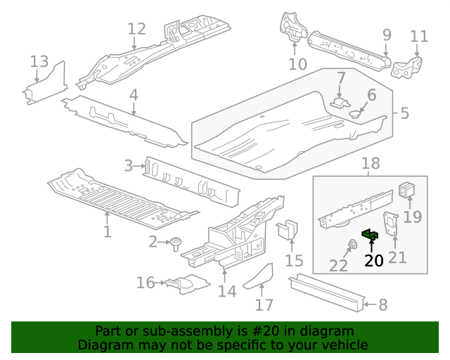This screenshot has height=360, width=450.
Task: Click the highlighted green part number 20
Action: [371, 235]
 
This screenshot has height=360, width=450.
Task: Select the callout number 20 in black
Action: [373, 261]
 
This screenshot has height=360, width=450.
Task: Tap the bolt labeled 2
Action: [174, 243]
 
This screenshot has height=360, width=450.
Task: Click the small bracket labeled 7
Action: [340, 102]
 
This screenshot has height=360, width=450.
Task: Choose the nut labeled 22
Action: [350, 245]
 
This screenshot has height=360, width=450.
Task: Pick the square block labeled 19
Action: [407, 191]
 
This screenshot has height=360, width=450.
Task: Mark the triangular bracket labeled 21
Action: [391, 224]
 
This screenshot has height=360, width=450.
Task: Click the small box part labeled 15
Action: [288, 231]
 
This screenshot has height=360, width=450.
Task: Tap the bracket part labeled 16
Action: [186, 284]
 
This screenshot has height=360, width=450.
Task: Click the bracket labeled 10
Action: [293, 29]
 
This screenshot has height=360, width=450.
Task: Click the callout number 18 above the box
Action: [370, 164]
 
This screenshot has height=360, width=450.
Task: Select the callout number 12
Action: [136, 29]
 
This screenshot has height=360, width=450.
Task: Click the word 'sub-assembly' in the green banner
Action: [164, 331]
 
